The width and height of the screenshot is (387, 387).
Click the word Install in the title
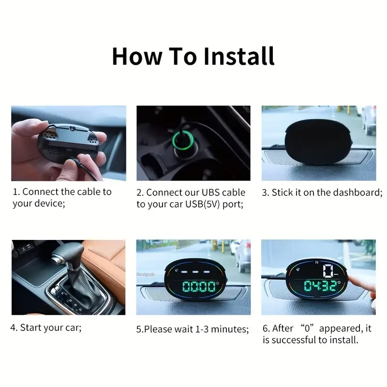click(239, 56)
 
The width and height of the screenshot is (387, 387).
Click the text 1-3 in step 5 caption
click(200, 329)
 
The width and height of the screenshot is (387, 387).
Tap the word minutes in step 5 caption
click(230, 329)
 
